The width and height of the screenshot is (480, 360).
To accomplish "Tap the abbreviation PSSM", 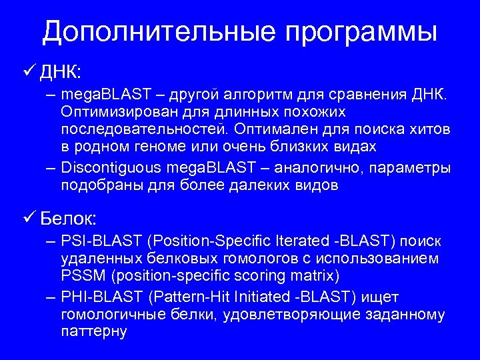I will pyautogui.click(x=81, y=275).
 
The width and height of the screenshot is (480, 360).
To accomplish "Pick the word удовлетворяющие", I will pyautogui.click(x=286, y=313).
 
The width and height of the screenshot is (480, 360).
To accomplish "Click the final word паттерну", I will pyautogui.click(x=93, y=331).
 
